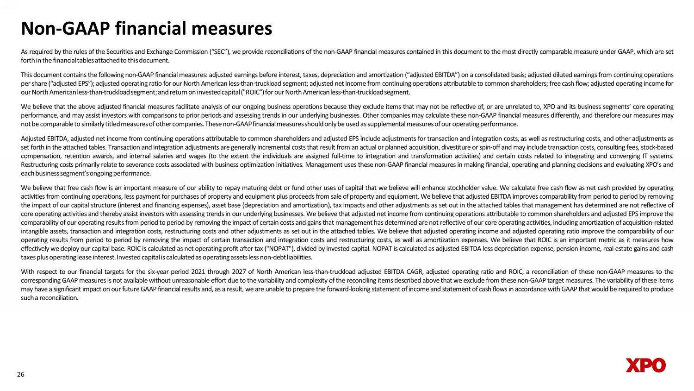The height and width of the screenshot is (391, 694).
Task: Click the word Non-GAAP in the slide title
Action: [x=62, y=29]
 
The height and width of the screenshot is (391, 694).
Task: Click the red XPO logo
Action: [x=645, y=366]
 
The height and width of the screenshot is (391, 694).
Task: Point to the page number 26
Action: [x=20, y=374]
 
